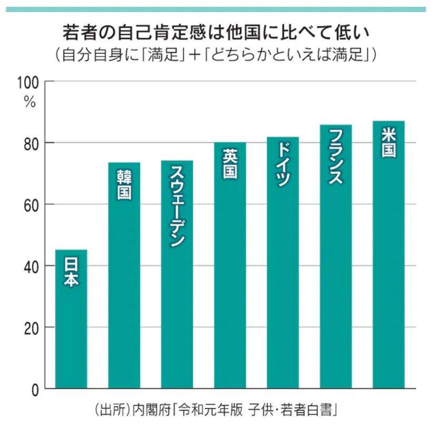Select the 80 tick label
[32, 144]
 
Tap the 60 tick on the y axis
[32, 205]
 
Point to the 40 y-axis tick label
[32, 267]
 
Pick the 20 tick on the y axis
[32, 328]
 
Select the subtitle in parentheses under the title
[217, 55]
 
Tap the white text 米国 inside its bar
[389, 143]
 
